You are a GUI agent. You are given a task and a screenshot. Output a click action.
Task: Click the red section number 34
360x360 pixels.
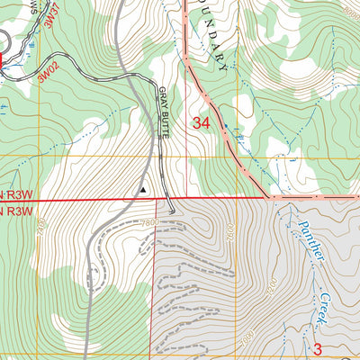[202, 123]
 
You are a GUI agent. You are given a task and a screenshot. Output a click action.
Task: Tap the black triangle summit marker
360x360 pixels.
[142, 190]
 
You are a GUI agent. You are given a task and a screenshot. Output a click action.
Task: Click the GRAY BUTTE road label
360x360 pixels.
[164, 113]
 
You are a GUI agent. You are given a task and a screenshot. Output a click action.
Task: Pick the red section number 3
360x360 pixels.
[317, 348]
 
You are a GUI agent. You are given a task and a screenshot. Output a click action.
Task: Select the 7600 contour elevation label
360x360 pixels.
[230, 233]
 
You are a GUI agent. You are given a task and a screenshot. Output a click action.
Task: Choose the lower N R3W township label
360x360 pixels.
[20, 211]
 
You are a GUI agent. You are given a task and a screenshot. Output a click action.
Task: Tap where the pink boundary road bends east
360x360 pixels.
[267, 194]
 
